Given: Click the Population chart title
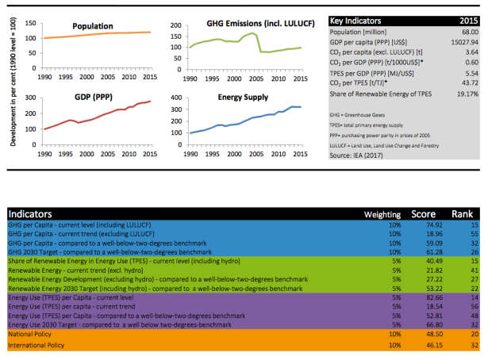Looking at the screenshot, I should coord(91,27).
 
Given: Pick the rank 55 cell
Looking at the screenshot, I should coord(471,236).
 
